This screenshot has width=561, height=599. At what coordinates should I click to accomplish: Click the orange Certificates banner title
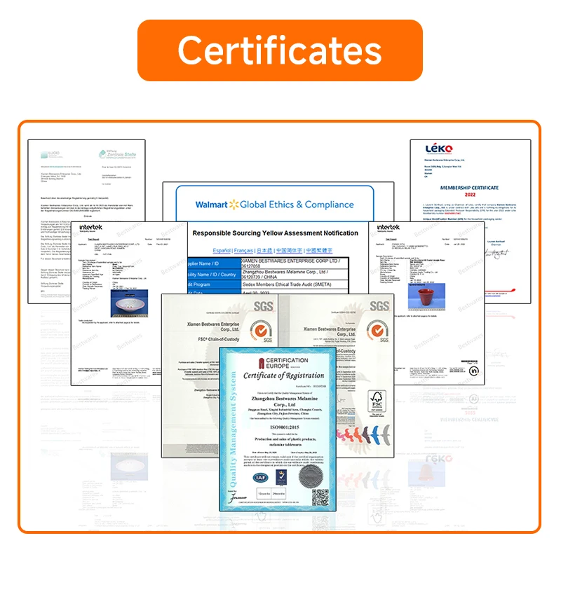(x=280, y=50)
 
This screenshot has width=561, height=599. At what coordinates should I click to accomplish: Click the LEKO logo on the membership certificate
(x=440, y=149)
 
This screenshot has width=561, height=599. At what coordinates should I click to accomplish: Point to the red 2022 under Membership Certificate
(x=468, y=196)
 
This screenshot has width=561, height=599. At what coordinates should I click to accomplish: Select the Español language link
(x=223, y=250)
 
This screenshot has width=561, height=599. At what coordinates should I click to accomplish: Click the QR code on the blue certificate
(x=320, y=497)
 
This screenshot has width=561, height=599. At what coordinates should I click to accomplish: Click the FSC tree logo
(x=378, y=401)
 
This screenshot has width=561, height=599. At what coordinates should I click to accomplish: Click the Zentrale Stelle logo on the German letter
(x=110, y=151)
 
